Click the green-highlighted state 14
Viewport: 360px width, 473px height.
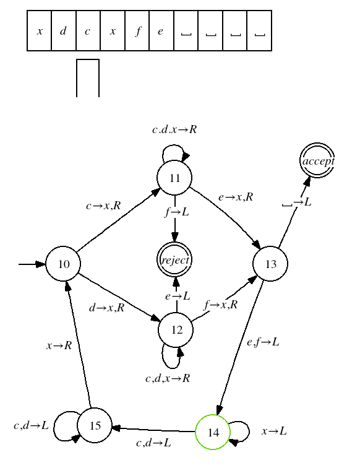click(213, 432)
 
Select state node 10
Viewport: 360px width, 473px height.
click(63, 264)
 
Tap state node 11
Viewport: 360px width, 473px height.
click(174, 178)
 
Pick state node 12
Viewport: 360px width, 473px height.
click(176, 330)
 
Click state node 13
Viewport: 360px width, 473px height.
click(270, 264)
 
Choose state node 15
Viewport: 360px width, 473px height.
click(95, 425)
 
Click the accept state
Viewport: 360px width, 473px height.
click(317, 160)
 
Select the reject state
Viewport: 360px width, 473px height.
click(174, 260)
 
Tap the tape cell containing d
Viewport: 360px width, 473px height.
click(64, 31)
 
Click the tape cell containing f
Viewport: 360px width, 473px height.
click(137, 31)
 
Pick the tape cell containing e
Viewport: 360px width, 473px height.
click(161, 31)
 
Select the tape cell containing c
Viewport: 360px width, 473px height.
click(88, 31)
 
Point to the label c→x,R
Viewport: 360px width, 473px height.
click(103, 206)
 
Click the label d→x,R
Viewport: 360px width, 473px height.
click(107, 308)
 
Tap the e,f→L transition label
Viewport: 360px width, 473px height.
click(264, 342)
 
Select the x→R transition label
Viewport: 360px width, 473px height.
click(59, 345)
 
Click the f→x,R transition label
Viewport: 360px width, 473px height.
click(221, 305)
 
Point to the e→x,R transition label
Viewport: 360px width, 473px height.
click(236, 197)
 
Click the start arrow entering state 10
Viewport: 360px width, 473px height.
click(32, 264)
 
